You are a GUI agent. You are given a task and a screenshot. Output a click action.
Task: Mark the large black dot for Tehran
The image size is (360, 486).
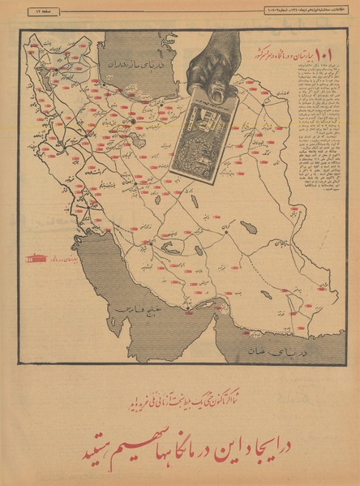pos(132,122)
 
